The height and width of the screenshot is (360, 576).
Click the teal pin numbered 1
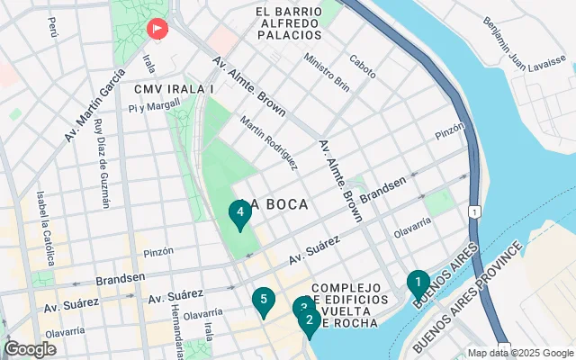click(417, 284)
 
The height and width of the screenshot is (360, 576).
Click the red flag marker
click(157, 30)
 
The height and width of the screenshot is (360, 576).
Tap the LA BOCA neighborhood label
click(275, 204)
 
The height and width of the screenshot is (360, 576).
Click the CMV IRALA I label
click(173, 89)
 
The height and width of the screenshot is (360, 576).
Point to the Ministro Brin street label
click(327, 71)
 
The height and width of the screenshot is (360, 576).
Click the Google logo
click(30, 349)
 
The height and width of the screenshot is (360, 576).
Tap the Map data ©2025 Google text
click(521, 353)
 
